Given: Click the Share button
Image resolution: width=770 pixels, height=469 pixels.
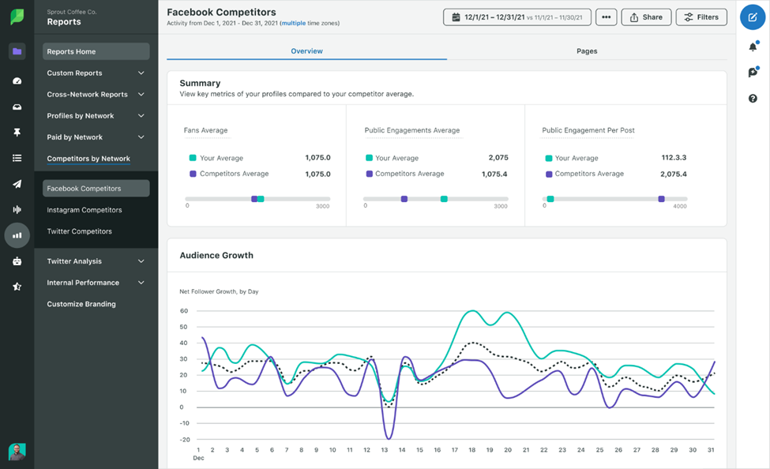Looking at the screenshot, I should pyautogui.click(x=646, y=17).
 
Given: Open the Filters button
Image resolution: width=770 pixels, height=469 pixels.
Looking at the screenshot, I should pyautogui.click(x=701, y=17).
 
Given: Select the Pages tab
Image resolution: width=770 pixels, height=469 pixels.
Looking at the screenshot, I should pyautogui.click(x=587, y=51).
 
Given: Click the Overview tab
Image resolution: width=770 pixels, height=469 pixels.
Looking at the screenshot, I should pyautogui.click(x=306, y=51).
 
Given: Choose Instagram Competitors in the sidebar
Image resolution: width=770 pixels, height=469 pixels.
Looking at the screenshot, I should pyautogui.click(x=85, y=210).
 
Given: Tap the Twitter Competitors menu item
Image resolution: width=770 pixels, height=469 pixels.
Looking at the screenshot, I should pyautogui.click(x=79, y=231).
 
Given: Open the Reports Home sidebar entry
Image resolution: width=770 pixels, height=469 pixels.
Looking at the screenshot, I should pyautogui.click(x=96, y=51).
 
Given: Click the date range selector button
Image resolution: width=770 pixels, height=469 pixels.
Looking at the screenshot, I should pyautogui.click(x=519, y=17).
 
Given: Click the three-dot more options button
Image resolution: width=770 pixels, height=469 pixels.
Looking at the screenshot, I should pyautogui.click(x=606, y=17).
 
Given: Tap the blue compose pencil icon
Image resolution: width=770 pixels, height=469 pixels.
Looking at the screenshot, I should pyautogui.click(x=753, y=17).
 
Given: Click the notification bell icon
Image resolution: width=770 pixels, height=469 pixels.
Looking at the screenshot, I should pyautogui.click(x=753, y=47).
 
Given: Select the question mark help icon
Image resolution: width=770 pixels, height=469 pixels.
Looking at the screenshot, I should pyautogui.click(x=753, y=99).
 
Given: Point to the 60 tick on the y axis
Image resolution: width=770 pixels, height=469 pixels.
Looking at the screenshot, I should pyautogui.click(x=183, y=311).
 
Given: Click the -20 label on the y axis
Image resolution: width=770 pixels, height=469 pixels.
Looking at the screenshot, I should pyautogui.click(x=183, y=439).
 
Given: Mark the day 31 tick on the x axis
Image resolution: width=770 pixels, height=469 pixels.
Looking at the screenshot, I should pyautogui.click(x=712, y=450).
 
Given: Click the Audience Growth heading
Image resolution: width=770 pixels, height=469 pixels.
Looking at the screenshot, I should pyautogui.click(x=216, y=256).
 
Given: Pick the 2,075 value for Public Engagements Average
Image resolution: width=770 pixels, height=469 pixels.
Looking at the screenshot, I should pyautogui.click(x=498, y=158).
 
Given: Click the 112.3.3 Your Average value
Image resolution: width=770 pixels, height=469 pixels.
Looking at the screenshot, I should pyautogui.click(x=674, y=158).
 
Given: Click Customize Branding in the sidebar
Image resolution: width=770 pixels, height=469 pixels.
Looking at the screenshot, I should pyautogui.click(x=81, y=304).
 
